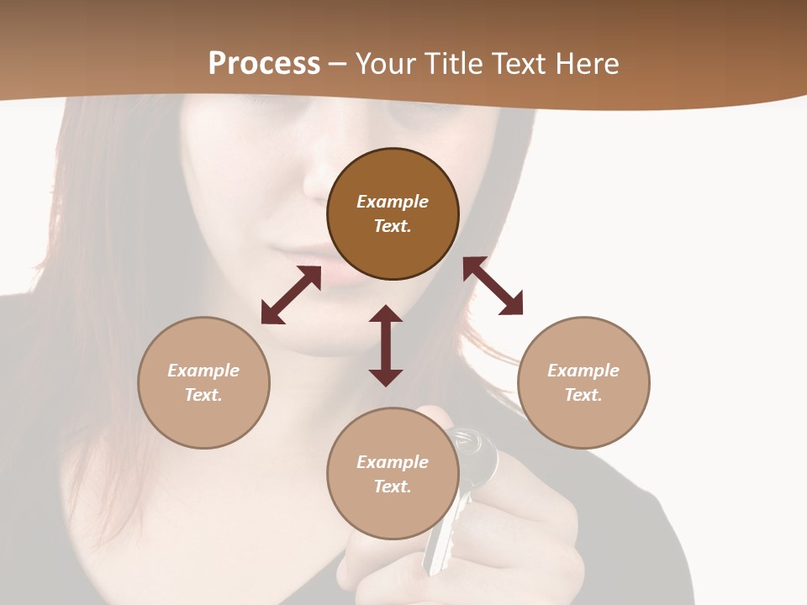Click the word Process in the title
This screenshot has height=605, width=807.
[264, 64]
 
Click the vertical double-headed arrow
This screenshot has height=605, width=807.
[386, 345]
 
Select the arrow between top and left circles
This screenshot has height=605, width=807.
[291, 295]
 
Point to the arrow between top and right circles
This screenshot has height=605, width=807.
[493, 286]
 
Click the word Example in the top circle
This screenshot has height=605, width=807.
[393, 202]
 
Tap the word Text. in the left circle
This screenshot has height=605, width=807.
[203, 395]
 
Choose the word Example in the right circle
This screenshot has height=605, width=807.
[583, 371]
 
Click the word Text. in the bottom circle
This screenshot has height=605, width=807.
[393, 487]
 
